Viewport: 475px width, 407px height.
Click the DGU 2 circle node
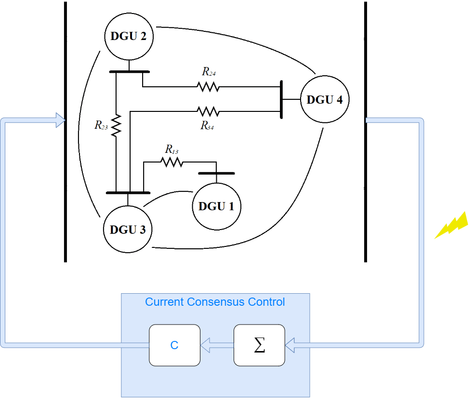point(129,36)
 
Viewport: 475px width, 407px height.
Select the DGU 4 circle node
point(325,100)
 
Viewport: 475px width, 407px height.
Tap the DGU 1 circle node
point(216,206)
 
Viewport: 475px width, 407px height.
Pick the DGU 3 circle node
point(128,229)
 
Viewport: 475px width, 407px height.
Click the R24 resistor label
point(209,72)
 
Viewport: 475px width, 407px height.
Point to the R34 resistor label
point(208,126)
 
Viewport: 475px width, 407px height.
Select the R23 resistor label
point(101,126)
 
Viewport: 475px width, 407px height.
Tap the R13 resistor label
point(172,149)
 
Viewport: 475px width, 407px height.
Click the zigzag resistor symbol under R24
point(208,87)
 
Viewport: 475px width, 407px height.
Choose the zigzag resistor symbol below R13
point(172,163)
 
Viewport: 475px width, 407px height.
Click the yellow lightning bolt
point(451,225)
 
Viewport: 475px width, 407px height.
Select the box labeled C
point(174,345)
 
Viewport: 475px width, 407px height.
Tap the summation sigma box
point(259,345)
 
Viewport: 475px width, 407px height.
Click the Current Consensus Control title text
point(215,302)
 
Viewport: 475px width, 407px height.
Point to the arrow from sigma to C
point(217,345)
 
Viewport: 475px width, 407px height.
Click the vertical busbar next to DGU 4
point(280,99)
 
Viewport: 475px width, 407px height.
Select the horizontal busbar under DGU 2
point(129,72)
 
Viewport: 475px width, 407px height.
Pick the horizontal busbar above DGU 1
point(216,173)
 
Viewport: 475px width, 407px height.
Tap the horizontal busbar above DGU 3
point(128,192)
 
